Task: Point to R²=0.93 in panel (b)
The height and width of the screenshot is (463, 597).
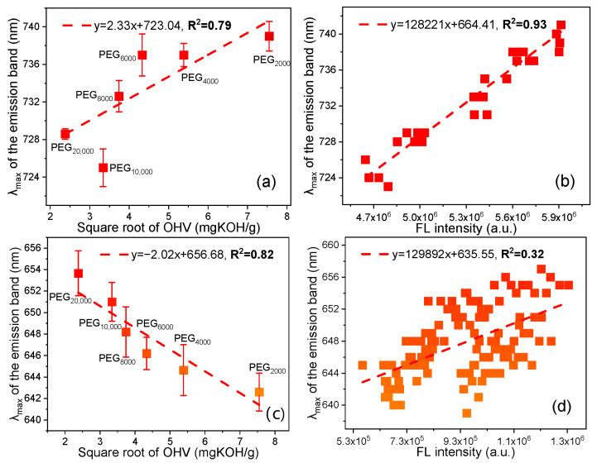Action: point(508,13)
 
